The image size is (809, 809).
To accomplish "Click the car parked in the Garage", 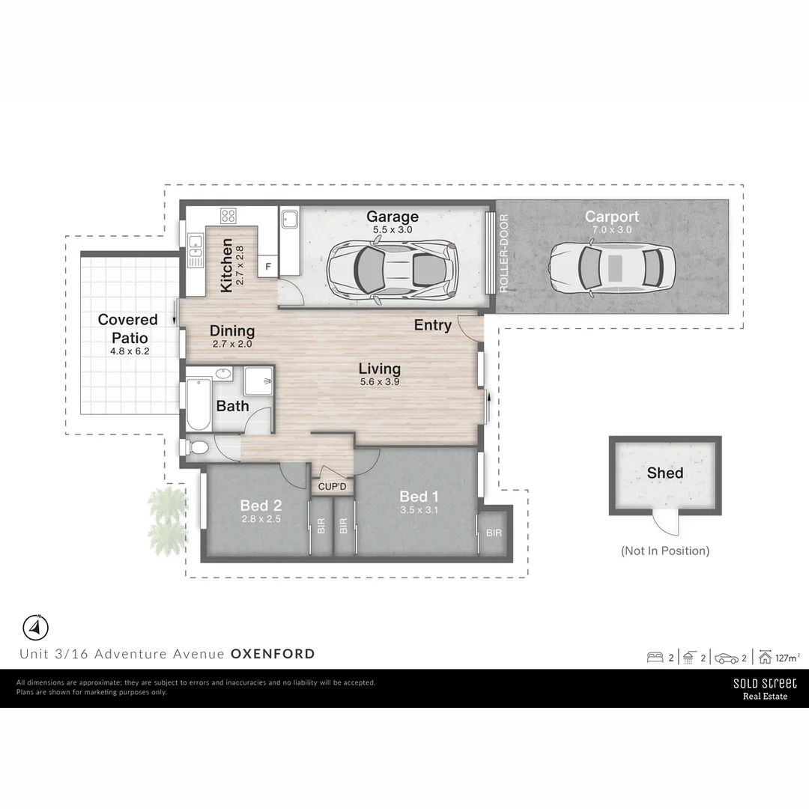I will pos(393,269).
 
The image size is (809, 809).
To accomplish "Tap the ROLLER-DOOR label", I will pos(503,254).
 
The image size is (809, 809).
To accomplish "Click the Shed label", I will pos(664,473).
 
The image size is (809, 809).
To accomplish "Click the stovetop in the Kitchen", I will pos(228,216).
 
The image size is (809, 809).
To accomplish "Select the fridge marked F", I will pos(268,266).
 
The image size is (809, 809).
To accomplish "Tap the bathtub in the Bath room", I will pos(198,403).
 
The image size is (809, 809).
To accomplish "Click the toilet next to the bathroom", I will pos(197,448).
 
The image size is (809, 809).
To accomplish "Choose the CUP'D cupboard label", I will pos(333,488).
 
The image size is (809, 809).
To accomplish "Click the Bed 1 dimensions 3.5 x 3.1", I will pos(418,511).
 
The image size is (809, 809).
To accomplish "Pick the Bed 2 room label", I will pos(260,504).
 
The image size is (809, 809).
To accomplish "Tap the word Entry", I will pos(432,325).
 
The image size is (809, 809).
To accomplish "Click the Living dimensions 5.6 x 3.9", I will pos(379,382).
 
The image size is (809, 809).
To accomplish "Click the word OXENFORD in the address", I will pos(273,654).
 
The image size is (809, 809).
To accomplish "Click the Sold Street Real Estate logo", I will pos(764,688).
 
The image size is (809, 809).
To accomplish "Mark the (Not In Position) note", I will pos(664,551).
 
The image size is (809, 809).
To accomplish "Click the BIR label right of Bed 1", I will pos(494,533).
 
